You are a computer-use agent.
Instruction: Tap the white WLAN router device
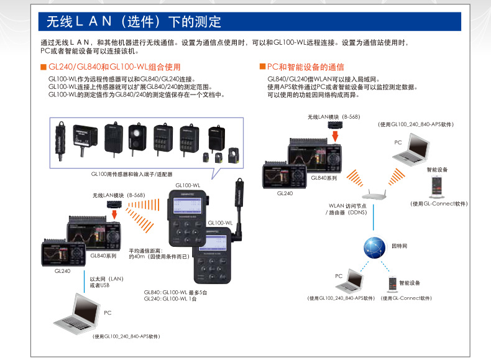tap(372, 195)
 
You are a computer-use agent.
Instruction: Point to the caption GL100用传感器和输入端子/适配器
tap(131, 174)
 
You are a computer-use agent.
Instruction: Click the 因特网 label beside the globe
tap(401, 246)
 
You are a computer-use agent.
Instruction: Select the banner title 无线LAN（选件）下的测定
tap(134, 22)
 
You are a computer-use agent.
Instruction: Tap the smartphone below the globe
tap(392, 284)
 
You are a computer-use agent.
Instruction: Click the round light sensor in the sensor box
tap(137, 136)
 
